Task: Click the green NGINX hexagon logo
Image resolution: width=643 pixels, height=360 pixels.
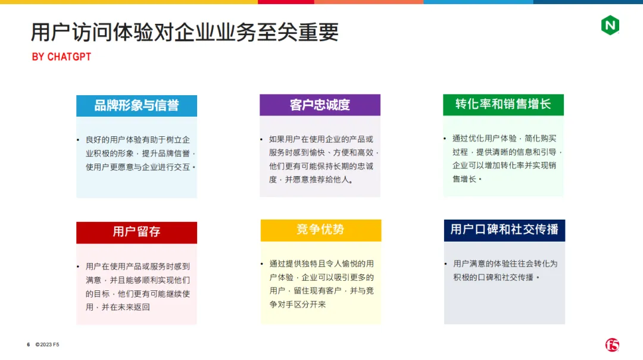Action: (610, 25)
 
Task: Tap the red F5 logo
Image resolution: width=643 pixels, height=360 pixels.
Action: (612, 345)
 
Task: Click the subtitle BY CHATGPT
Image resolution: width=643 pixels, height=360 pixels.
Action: (61, 57)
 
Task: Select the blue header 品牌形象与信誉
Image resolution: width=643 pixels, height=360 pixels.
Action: (136, 106)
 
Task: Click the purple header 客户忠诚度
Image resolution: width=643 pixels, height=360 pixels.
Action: (320, 105)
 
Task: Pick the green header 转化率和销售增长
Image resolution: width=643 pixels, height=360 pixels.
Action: (503, 105)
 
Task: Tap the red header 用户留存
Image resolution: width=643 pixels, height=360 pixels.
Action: (136, 233)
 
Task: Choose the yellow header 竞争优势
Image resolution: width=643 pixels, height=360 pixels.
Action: (321, 230)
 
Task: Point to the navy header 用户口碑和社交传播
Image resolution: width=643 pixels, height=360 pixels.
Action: (504, 230)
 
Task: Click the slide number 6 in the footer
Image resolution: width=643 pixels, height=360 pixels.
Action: (29, 345)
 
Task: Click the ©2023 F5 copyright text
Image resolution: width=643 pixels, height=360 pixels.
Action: (47, 345)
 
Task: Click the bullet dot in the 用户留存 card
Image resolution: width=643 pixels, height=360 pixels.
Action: (78, 267)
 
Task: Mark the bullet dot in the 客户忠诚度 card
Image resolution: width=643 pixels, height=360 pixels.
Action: (261, 139)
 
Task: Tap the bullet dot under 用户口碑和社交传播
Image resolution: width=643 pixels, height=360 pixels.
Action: (446, 264)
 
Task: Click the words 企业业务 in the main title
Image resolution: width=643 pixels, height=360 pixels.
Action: (216, 32)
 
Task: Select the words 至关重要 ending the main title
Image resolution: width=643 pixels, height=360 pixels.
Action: (298, 32)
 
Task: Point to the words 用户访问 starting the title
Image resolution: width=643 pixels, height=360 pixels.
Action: (72, 32)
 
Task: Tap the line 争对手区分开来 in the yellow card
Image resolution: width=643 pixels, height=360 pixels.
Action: (298, 305)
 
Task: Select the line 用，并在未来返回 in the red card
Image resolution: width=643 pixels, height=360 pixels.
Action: (118, 307)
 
